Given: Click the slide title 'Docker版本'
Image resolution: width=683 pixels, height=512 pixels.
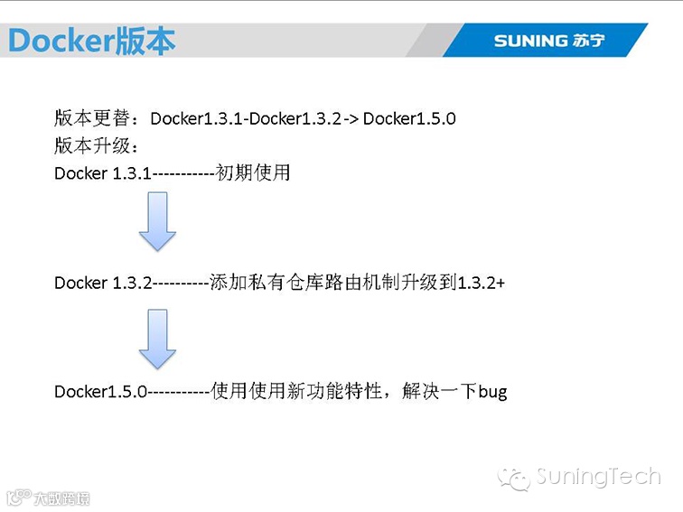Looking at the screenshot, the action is [90, 41].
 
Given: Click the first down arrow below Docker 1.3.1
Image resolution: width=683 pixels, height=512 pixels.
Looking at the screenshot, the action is [157, 223].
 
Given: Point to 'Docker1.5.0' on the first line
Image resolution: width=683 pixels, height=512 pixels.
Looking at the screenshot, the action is [409, 118].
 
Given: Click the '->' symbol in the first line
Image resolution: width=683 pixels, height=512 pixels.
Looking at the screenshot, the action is [351, 118].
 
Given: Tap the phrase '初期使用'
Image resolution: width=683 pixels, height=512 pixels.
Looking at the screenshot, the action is [253, 172].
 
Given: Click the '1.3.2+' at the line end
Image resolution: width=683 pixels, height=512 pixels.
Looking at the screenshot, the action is [482, 283].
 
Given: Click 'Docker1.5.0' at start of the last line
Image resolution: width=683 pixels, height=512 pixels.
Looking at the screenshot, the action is [100, 392].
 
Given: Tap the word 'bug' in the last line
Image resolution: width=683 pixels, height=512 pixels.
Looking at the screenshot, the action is [492, 392].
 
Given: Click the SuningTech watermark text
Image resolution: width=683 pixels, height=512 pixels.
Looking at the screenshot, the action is [598, 476].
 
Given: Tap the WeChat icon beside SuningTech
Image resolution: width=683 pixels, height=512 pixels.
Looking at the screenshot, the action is [517, 478].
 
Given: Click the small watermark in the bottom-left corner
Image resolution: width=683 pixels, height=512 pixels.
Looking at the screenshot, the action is [49, 498].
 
